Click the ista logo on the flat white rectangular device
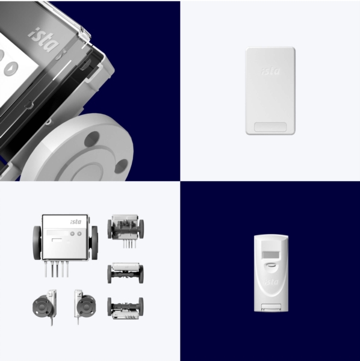pos(270,71)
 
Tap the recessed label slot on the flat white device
pos(270,127)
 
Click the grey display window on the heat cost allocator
pos(271,255)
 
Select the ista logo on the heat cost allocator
pos(271,282)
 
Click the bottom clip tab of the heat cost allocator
pos(271,307)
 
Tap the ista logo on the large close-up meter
pos(43,40)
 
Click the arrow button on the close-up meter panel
pos(11,69)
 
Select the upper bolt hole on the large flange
pos(92,140)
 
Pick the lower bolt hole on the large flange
pos(121,166)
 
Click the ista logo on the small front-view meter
pos(76,221)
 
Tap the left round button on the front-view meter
pos(72,233)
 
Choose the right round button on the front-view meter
pos(79,233)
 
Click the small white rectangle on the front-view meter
pos(57,240)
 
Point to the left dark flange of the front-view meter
pos(37,243)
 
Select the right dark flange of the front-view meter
pos(94,243)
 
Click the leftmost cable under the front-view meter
pos(46,269)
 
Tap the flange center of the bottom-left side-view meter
pos(42,306)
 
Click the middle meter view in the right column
pos(125,273)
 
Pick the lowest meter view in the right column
pos(125,308)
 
